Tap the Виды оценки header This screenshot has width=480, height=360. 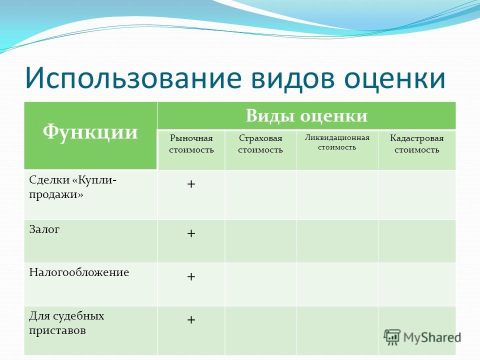coord(306,115)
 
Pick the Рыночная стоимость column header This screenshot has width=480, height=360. coord(191,144)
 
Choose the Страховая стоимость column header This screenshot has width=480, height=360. coord(260,144)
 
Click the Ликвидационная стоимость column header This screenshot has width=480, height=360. coord(337,142)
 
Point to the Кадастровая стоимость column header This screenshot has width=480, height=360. coord(417,144)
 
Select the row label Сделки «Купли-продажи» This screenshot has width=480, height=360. coord(72,187)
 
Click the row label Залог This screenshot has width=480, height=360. coord(44,229)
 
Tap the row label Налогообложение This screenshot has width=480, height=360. coord(79,272)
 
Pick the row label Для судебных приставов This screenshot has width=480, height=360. coord(66,323)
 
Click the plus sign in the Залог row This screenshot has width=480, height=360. coord(191,233)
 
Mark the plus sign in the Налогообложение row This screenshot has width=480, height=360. coord(191,276)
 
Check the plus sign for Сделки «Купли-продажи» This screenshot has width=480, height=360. coord(191,184)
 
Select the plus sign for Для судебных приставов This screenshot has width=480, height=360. coord(191,320)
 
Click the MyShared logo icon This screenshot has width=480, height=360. coord(392,337)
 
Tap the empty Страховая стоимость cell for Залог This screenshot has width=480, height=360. coord(260,241)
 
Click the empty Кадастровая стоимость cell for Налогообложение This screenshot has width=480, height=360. coord(417,284)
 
